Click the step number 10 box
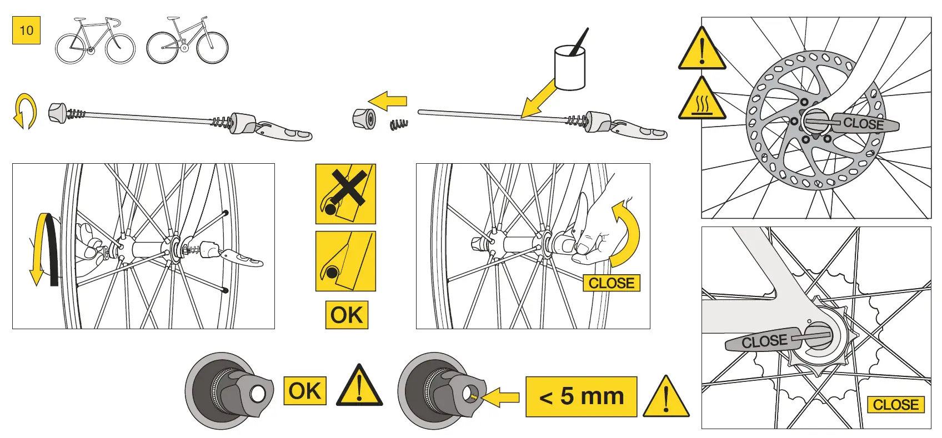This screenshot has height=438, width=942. pos(26,31)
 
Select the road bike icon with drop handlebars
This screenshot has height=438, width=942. pos(95,41)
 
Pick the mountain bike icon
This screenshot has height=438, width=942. pos(187,41)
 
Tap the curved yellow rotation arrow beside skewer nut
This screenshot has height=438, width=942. pos(25,111)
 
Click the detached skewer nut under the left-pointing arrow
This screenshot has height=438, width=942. pos(364,118)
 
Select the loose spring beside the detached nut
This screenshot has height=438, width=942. pos(399,124)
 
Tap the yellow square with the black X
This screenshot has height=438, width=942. pos(345,194)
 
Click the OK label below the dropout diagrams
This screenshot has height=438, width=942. pos(347,315)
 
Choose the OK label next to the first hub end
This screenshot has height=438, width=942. pos(304,391)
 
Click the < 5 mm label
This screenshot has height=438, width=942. pos(581,396)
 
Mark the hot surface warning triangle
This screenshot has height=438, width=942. pos(702,100)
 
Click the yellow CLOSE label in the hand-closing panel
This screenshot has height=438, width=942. pos(611,283)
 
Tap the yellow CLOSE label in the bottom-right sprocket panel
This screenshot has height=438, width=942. pos(895,405)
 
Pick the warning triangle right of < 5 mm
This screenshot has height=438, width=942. pos(666,397)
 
